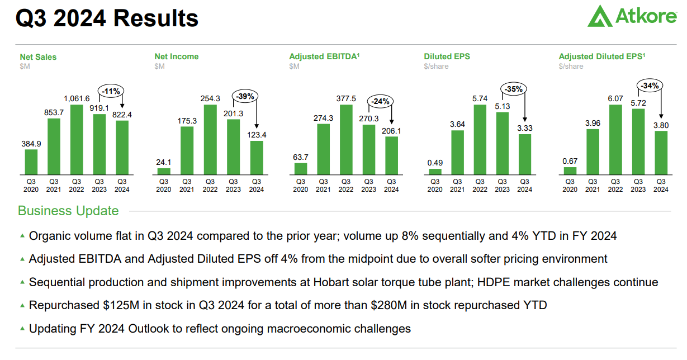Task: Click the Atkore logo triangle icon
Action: pos(600,16)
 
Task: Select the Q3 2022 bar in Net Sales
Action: pos(77,140)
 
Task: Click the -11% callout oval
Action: pos(111,90)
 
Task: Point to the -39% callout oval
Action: pos(245,96)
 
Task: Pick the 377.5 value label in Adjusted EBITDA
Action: pos(346,99)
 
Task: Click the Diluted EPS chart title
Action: pos(447,56)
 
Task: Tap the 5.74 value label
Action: pos(480,98)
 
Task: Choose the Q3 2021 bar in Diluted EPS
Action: pos(457,153)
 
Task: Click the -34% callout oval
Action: pos(650,86)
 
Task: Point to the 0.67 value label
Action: pos(570,162)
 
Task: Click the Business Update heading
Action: pos(68,211)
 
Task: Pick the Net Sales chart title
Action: pos(38,56)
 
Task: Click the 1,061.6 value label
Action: pos(77,99)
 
